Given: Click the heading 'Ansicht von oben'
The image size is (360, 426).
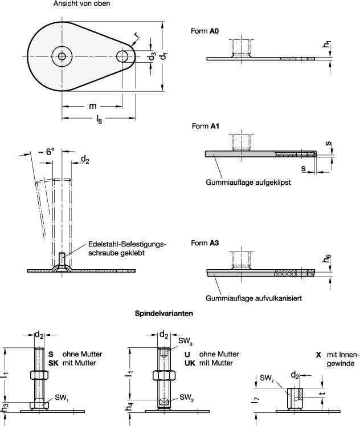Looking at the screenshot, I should tap(81, 4).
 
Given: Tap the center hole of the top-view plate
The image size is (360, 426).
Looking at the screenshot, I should tap(60, 56).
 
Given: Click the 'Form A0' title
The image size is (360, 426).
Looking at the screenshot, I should tap(204, 31).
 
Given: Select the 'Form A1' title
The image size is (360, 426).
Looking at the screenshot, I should tap(204, 126).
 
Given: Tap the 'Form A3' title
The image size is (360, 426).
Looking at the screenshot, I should tap(204, 243).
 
